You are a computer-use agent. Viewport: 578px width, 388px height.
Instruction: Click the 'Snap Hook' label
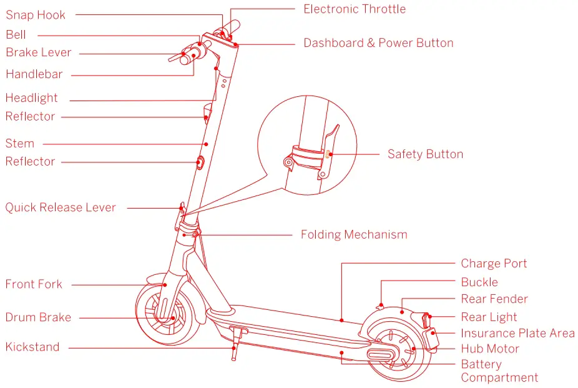click(x=36, y=15)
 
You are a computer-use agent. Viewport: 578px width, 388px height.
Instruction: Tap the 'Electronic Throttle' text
click(x=354, y=9)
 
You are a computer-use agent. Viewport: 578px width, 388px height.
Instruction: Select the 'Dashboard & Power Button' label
click(x=378, y=43)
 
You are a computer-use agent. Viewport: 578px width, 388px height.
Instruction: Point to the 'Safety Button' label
click(x=425, y=154)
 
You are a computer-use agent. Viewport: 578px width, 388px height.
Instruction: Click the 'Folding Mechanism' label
click(x=354, y=235)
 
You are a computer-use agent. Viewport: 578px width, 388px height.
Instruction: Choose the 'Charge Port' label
click(x=494, y=264)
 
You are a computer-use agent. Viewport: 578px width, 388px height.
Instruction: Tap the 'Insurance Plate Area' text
click(x=517, y=334)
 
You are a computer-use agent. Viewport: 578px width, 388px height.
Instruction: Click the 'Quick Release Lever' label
click(x=61, y=207)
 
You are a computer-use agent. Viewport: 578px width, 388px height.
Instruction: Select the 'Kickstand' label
click(x=32, y=347)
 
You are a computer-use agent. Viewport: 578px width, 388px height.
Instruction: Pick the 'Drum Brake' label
click(x=38, y=317)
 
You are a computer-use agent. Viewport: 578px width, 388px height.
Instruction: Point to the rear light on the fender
click(x=427, y=319)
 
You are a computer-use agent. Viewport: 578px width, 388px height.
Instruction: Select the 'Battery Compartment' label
click(x=499, y=371)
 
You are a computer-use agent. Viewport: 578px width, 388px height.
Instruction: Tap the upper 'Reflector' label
click(x=30, y=117)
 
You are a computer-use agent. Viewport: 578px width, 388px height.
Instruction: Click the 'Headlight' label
click(x=31, y=98)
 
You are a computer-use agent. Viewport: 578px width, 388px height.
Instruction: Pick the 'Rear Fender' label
click(x=494, y=299)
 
